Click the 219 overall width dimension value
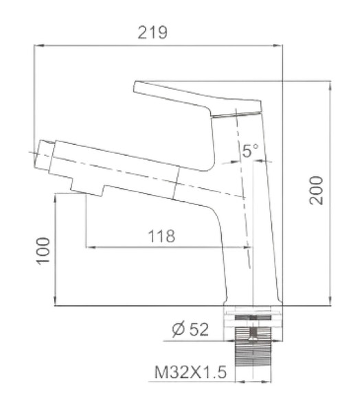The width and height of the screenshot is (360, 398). [152, 33]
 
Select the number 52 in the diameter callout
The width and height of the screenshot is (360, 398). [197, 330]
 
